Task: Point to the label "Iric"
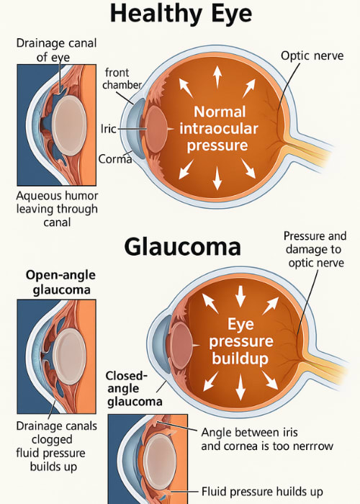tap(107, 130)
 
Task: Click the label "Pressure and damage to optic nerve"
tap(314, 250)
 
